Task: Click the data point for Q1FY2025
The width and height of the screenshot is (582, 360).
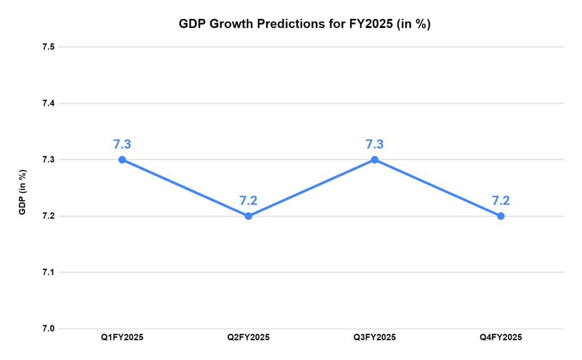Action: (122, 160)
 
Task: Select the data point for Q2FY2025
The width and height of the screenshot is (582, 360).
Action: (248, 216)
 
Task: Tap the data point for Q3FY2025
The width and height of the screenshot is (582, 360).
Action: (375, 160)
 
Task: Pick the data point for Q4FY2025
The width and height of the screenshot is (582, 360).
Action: (501, 216)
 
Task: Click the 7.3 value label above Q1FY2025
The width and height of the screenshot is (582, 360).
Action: (122, 144)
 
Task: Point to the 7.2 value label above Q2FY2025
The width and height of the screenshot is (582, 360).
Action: (248, 200)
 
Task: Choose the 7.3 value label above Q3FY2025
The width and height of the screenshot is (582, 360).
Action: (375, 144)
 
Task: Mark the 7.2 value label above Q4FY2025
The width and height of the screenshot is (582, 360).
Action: (501, 200)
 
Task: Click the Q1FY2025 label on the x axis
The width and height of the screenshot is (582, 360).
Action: (122, 338)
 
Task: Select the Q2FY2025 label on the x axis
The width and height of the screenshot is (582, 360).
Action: (248, 338)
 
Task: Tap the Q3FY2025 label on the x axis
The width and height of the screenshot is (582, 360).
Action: (375, 338)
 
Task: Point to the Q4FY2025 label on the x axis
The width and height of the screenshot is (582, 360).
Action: (501, 338)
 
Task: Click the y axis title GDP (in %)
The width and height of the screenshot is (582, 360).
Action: (23, 192)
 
